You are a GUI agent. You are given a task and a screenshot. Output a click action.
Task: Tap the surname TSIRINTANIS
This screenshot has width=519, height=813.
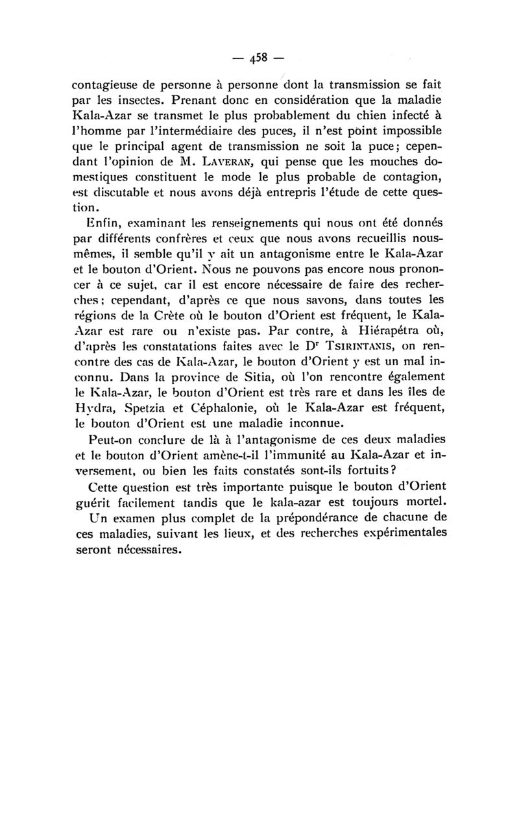coord(361,345)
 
